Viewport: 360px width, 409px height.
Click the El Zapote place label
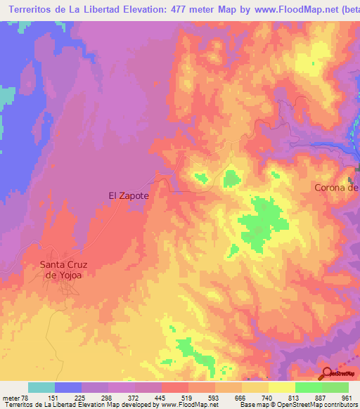(x=128, y=196)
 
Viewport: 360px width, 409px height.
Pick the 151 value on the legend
(x=54, y=397)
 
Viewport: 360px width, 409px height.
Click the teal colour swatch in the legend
(x=41, y=387)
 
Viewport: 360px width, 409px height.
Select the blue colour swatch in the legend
(x=68, y=387)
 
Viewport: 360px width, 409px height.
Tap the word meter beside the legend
(x=8, y=397)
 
